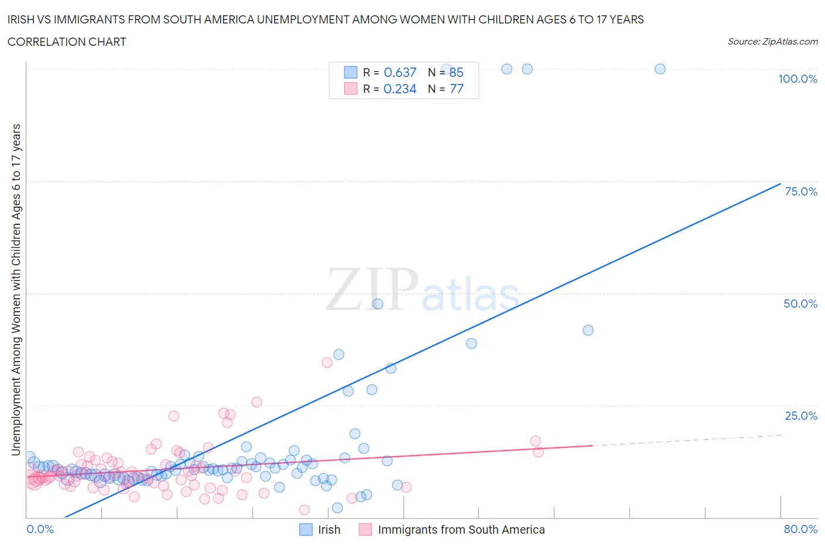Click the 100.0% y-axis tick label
(x=797, y=79)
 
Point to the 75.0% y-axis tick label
(x=800, y=191)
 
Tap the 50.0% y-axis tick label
(x=800, y=304)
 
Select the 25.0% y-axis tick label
(x=800, y=416)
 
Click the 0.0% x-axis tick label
(x=40, y=529)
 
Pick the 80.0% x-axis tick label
(x=800, y=529)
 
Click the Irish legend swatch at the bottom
(x=306, y=530)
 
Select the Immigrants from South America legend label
(x=461, y=530)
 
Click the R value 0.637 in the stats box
(x=400, y=72)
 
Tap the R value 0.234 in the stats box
(x=400, y=89)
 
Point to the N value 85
(x=456, y=72)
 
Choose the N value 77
(x=456, y=89)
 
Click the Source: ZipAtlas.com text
(x=772, y=41)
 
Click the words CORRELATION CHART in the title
(x=66, y=42)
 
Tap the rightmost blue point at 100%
(x=660, y=69)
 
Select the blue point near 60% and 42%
(x=588, y=330)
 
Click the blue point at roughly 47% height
(x=378, y=304)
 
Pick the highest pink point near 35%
(x=327, y=362)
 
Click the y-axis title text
(x=16, y=289)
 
